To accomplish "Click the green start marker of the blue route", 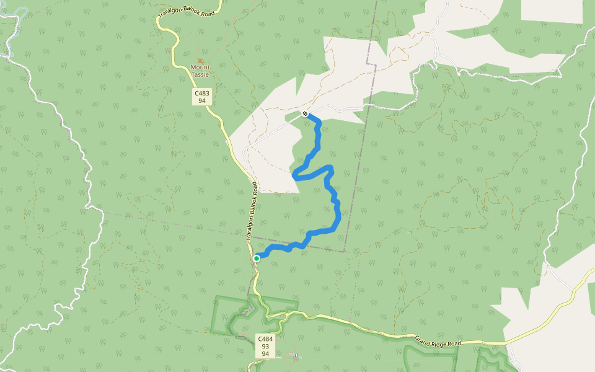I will coord(257,258).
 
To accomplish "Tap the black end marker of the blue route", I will coord(305,113).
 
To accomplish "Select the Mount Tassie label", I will coord(200,71).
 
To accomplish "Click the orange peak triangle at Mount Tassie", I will coord(200,61).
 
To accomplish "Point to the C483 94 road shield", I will coord(202,96).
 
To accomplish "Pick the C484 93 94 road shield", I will coord(265,346).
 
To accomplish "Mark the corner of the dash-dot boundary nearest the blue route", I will coord(345,251).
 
